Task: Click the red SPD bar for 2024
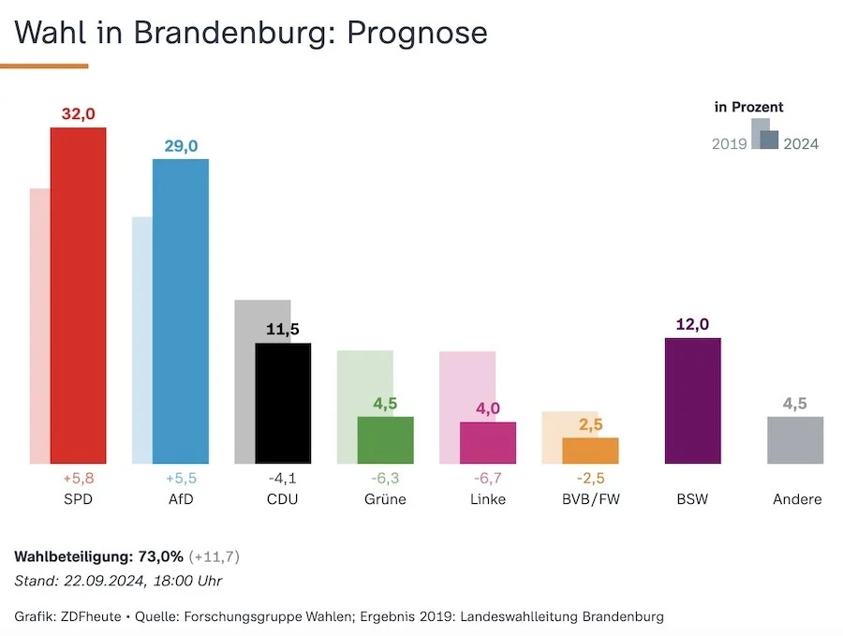[78, 295]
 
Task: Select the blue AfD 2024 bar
[181, 311]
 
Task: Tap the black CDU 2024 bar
[283, 403]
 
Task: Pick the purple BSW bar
[692, 401]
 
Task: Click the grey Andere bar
[795, 440]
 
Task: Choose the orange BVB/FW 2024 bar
[590, 451]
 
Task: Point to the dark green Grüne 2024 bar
[386, 440]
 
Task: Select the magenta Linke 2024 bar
[488, 443]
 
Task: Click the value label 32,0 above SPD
[78, 114]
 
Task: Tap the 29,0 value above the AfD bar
[181, 146]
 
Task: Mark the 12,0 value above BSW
[692, 325]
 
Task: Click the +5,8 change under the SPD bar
[78, 478]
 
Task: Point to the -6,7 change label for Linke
[488, 478]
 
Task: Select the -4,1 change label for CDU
[283, 478]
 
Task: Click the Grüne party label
[385, 499]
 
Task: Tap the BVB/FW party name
[590, 499]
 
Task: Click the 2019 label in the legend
[729, 144]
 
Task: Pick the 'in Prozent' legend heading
[748, 108]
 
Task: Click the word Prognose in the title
[417, 33]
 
